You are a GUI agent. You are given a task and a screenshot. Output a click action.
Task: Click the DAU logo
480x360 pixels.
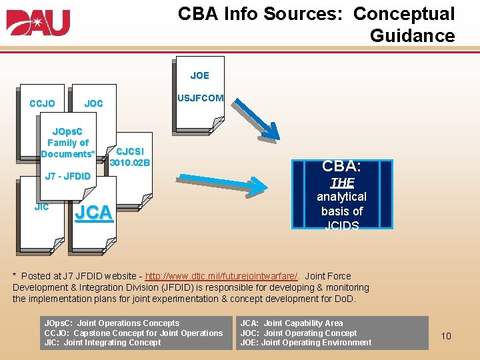click(x=38, y=23)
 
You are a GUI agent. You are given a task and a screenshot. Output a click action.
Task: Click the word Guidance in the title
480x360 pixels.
click(x=412, y=35)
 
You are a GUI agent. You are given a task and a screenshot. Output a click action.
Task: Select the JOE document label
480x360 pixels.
click(x=199, y=75)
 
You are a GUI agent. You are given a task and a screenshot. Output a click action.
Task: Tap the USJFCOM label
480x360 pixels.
click(x=200, y=98)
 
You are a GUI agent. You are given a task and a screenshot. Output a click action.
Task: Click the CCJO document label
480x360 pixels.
click(x=42, y=103)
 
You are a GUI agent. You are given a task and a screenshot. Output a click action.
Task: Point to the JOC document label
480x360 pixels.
click(x=93, y=103)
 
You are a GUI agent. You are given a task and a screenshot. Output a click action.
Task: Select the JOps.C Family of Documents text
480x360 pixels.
click(x=67, y=143)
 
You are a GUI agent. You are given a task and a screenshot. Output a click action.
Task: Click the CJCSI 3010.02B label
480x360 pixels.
click(x=131, y=157)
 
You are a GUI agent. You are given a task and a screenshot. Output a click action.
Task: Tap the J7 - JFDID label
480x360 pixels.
click(x=67, y=176)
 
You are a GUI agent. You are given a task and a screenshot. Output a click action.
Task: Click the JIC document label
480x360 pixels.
click(x=41, y=207)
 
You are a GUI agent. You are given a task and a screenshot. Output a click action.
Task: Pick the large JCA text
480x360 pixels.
click(x=93, y=213)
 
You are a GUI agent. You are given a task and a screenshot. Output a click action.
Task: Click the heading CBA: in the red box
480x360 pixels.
click(x=342, y=165)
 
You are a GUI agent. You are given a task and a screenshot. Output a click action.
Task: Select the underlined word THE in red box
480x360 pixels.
click(x=342, y=182)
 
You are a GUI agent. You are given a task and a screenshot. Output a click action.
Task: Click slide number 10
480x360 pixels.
click(x=446, y=335)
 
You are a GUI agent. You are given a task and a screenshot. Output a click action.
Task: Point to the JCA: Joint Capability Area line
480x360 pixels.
click(x=291, y=323)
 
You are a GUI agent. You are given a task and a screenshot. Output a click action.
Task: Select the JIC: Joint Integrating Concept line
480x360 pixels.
click(x=102, y=343)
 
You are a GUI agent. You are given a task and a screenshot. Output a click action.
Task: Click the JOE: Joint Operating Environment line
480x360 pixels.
click(x=305, y=343)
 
